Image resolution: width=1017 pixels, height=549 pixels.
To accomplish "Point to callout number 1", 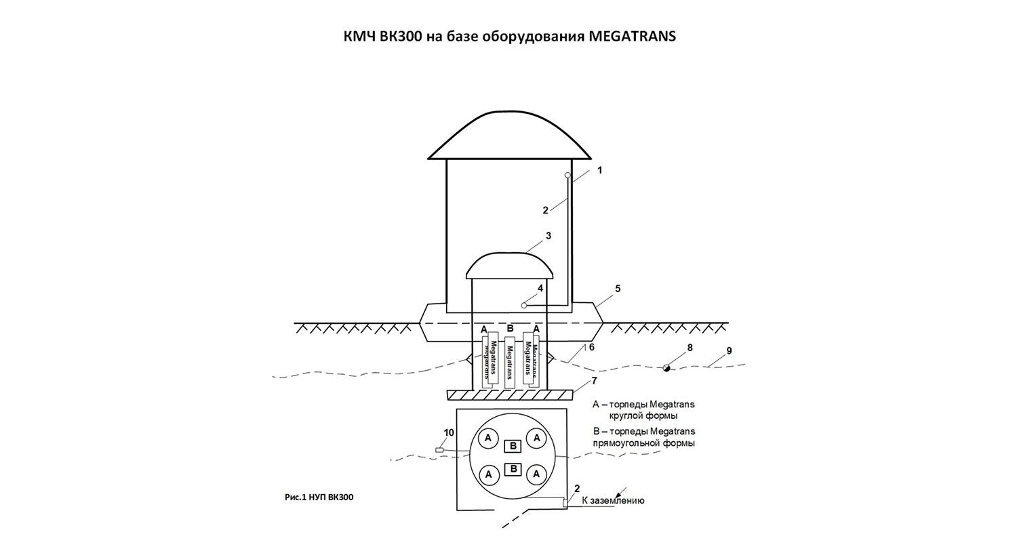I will [x=599, y=170].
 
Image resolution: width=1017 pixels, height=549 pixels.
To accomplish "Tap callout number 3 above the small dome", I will [x=549, y=236].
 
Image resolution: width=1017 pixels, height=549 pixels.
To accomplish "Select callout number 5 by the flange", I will [x=618, y=289].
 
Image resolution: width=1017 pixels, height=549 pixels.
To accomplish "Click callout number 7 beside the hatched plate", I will [x=594, y=381].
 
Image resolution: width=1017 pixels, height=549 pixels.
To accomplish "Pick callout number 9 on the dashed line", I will [x=729, y=351].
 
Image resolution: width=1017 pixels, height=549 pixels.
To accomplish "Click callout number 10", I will [x=449, y=432].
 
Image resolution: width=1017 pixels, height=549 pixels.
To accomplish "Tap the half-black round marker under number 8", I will [x=667, y=367].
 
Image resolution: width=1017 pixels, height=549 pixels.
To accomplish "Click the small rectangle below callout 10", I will [x=439, y=450].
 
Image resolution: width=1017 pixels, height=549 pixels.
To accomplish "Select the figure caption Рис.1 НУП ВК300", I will [x=319, y=497].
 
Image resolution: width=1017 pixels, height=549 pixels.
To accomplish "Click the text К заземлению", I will [x=613, y=501].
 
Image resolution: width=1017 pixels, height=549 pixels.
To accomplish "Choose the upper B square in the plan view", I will [x=513, y=445].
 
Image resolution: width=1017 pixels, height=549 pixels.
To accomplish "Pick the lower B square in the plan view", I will [x=513, y=469].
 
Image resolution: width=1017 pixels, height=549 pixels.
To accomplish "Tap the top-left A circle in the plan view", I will [x=488, y=439].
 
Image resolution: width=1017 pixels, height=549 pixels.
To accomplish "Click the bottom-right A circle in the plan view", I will [x=536, y=474].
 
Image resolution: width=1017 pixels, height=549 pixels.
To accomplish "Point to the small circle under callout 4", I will [x=524, y=306].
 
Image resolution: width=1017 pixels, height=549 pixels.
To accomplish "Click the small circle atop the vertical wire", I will [x=568, y=176].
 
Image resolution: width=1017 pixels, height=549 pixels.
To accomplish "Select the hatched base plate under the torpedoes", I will [x=510, y=394].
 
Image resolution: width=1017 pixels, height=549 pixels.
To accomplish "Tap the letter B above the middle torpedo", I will [x=510, y=329].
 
